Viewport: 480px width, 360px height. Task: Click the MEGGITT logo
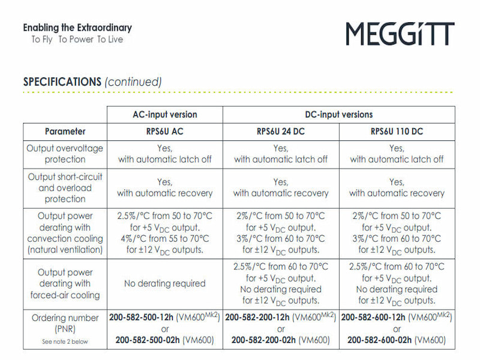[400, 34]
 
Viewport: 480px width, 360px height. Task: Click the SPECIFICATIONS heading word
[62, 82]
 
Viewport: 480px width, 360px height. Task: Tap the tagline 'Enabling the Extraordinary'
[77, 28]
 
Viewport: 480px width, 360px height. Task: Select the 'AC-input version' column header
[164, 115]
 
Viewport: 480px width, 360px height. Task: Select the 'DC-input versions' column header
[338, 115]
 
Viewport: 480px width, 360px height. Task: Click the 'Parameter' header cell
[65, 131]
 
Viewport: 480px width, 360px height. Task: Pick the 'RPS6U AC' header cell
[164, 131]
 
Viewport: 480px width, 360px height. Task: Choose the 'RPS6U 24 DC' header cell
[281, 131]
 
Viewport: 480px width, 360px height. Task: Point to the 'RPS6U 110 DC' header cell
[397, 131]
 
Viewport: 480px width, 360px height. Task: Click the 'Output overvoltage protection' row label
[65, 154]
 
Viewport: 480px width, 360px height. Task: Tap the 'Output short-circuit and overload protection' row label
[65, 188]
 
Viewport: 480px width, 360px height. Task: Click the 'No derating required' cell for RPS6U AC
[164, 283]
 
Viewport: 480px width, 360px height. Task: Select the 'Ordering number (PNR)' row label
[65, 323]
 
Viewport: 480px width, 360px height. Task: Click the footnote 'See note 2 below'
[65, 342]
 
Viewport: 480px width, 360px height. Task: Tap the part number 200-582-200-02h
[263, 340]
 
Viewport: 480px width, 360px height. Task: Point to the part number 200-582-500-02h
[147, 340]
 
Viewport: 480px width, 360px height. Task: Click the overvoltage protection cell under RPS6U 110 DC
[397, 154]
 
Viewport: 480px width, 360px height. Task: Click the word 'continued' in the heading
[133, 82]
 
